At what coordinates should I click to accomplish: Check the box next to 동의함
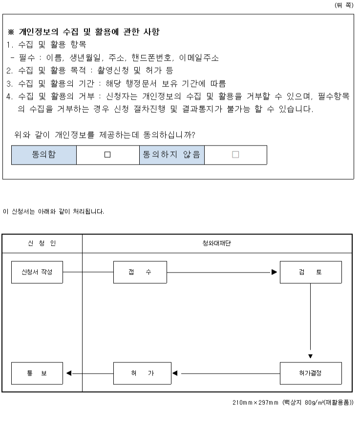[x=107, y=155]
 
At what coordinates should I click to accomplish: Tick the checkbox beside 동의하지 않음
[x=235, y=155]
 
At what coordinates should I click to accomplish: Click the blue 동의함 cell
[x=44, y=155]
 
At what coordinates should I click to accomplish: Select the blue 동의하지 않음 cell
[x=171, y=155]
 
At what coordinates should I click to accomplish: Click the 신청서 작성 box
[x=37, y=272]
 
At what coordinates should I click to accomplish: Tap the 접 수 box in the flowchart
[x=140, y=272]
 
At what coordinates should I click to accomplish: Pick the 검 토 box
[x=310, y=272]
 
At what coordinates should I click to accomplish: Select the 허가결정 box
[x=310, y=374]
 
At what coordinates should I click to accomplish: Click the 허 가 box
[x=140, y=374]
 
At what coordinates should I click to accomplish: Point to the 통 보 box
[x=37, y=374]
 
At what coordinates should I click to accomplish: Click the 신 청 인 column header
[x=42, y=243]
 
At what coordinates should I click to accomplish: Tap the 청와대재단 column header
[x=217, y=243]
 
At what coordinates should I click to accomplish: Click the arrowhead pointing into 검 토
[x=274, y=272]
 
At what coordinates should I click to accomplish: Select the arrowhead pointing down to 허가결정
[x=310, y=356]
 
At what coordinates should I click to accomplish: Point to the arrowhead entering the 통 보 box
[x=69, y=374]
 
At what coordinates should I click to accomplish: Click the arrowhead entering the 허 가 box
[x=174, y=374]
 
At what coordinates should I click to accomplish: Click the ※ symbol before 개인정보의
[x=11, y=33]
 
